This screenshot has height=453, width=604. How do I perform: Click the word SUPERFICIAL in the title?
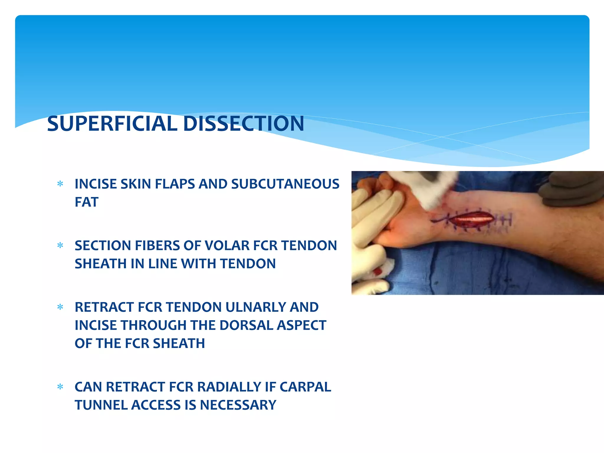pyautogui.click(x=112, y=124)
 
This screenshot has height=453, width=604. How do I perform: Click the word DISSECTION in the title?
pyautogui.click(x=243, y=124)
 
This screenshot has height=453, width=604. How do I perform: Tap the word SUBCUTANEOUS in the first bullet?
pyautogui.click(x=285, y=184)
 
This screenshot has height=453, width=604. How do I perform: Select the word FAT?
pyautogui.click(x=86, y=202)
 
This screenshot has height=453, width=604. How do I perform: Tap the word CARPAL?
pyautogui.click(x=305, y=387)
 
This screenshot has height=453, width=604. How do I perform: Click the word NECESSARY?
pyautogui.click(x=238, y=405)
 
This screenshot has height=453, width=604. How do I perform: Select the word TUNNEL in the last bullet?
pyautogui.click(x=101, y=405)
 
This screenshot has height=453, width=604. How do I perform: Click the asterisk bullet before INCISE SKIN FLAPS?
pyautogui.click(x=60, y=184)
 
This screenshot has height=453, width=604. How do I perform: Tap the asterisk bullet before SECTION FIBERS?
pyautogui.click(x=60, y=246)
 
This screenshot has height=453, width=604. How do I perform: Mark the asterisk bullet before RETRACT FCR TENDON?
pyautogui.click(x=60, y=307)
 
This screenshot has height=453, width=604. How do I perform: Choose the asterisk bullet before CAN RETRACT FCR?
pyautogui.click(x=60, y=387)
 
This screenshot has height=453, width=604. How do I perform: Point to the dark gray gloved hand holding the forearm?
pyautogui.click(x=572, y=189)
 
